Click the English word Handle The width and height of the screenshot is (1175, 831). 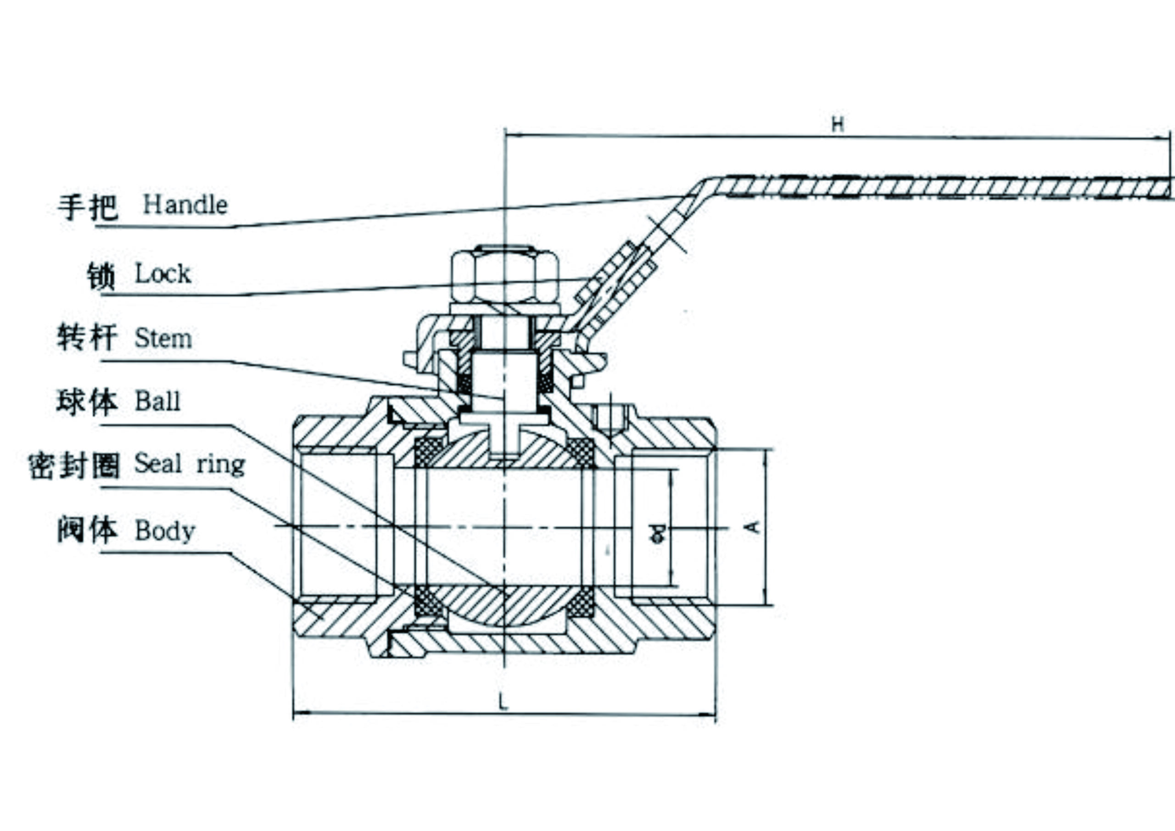point(185,205)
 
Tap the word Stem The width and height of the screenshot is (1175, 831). point(163,338)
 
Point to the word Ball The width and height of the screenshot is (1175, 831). point(157,401)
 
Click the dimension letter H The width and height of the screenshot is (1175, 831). point(837,124)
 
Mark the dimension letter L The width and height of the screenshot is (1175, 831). point(504,702)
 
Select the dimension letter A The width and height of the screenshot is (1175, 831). point(753,526)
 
